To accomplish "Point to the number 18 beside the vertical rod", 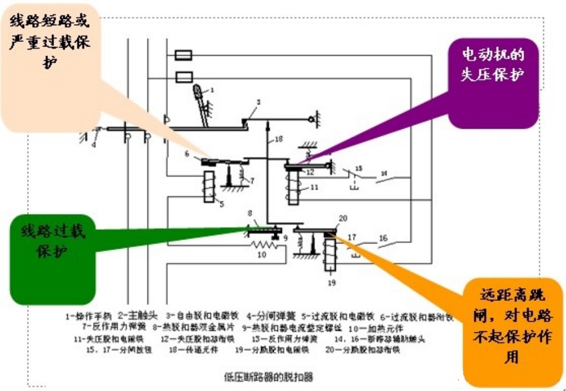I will coord(278,140).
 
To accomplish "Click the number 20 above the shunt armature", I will coord(343,218).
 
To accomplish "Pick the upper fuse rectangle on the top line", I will coord(183,55).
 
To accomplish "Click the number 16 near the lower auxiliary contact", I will coord(383,237).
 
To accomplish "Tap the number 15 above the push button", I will coord(359,168).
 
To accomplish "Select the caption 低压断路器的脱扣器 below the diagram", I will coord(269,377).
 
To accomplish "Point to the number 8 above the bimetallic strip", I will coord(250,214).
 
